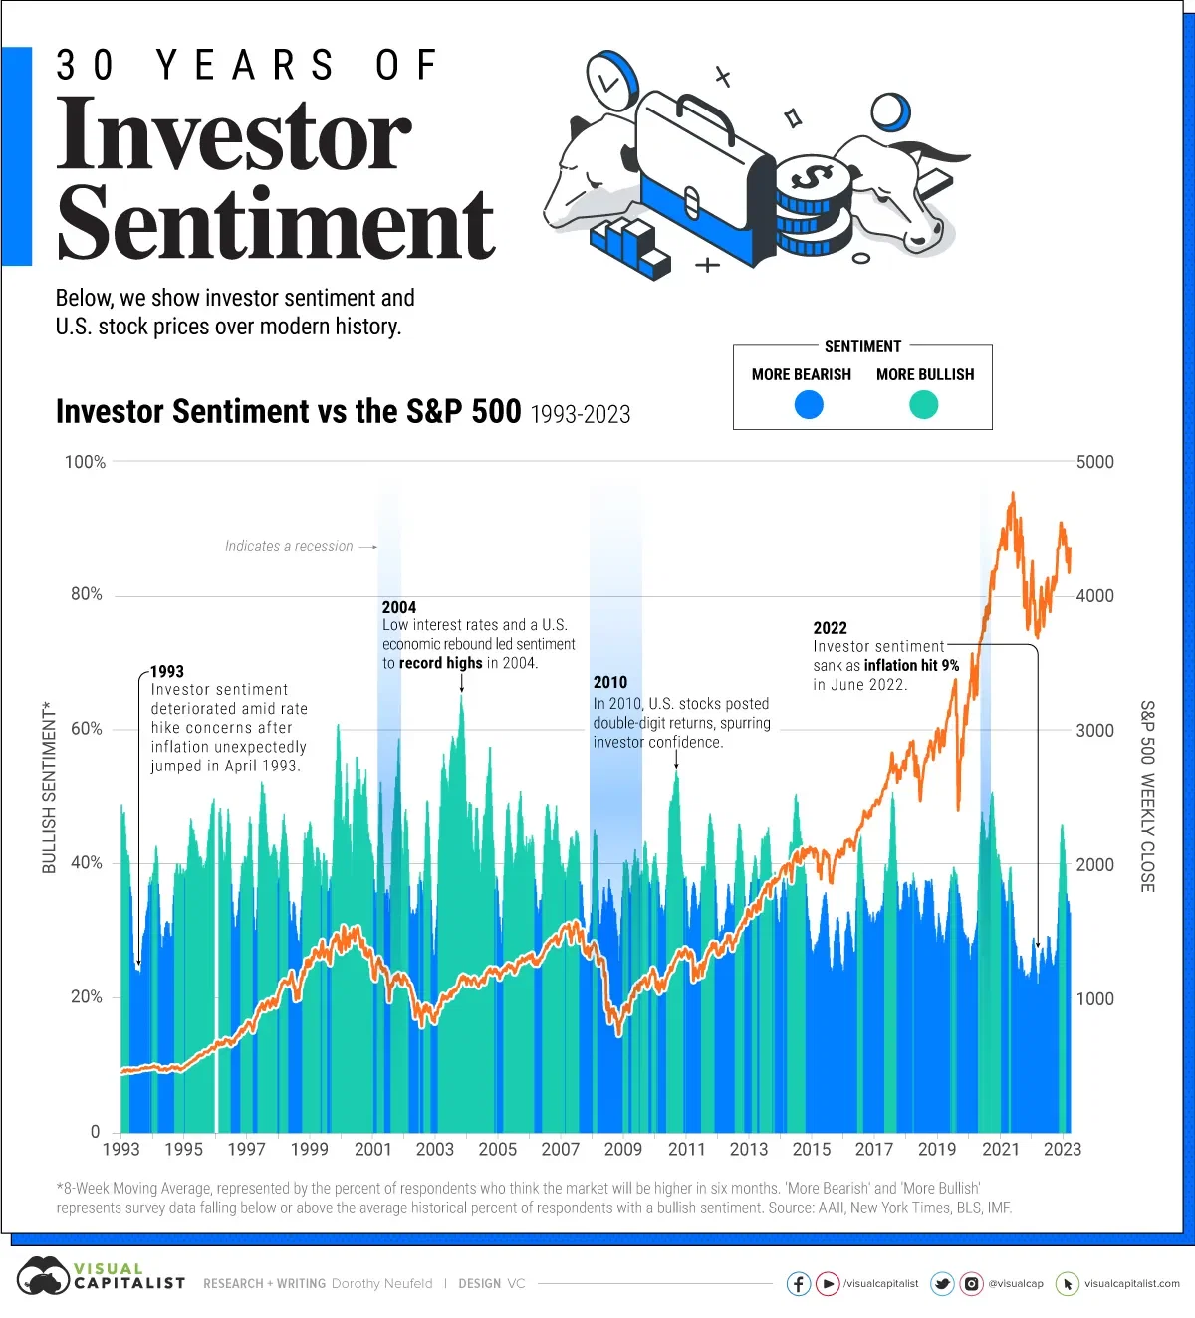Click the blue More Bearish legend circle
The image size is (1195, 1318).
point(809,404)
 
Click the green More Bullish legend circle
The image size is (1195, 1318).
point(924,404)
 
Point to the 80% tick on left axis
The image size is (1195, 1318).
point(86,594)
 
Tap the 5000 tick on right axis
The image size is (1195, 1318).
point(1094,462)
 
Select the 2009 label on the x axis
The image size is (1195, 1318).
point(623,1149)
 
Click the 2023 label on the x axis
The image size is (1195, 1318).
point(1063,1149)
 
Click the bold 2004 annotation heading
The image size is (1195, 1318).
point(399,607)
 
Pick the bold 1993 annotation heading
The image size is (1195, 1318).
point(167,672)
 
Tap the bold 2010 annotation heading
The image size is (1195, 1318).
point(610,683)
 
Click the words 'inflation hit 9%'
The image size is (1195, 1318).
point(911,665)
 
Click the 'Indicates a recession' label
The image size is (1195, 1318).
point(289,547)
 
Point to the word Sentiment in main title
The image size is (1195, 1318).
point(276,223)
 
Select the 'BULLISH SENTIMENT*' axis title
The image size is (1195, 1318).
point(49,786)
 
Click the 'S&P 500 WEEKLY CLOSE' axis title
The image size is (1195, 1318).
point(1147,795)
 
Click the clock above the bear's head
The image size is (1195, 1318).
point(609,82)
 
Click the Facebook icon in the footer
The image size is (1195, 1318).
point(799,1283)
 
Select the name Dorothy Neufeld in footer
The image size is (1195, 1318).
point(381,1283)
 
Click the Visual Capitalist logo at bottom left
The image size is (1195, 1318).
point(100,1276)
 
